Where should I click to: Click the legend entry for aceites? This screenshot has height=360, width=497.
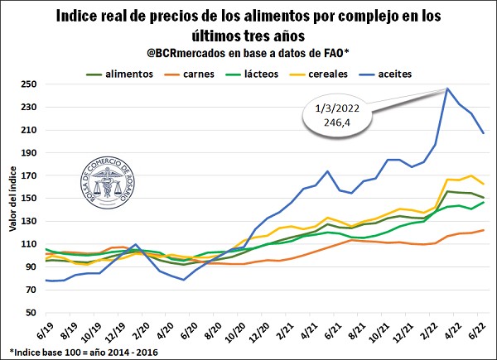385,74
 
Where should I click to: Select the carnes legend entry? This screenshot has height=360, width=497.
189,74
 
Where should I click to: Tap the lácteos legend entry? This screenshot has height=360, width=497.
252,74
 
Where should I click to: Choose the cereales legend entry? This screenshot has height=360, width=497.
319,74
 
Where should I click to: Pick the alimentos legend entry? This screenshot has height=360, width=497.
119,74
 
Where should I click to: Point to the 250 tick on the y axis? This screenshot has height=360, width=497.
29,84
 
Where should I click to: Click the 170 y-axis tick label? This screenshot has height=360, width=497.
29,175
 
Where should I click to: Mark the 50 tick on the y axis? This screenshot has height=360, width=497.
31,312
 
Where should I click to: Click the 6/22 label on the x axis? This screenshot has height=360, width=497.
475,331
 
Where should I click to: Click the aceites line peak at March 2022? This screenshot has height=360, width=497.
447,89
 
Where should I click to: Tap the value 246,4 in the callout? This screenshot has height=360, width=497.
337,122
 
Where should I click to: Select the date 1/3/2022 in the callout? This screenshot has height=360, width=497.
337,108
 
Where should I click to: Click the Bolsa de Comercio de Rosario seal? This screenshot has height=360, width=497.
108,183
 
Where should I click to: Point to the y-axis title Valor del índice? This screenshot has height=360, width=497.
12,199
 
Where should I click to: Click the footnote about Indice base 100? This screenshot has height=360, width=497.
84,352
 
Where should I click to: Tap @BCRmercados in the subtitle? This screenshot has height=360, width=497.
186,53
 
